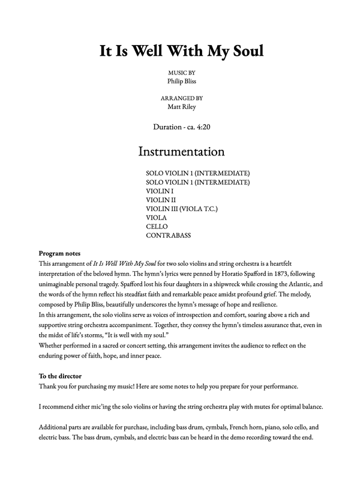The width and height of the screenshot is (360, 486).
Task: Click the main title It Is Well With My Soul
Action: (181, 51)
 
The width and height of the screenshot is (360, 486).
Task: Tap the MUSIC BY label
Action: (181, 73)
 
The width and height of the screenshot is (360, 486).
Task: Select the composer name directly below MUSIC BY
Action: (181, 81)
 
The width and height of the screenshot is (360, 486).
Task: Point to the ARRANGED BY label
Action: (181, 98)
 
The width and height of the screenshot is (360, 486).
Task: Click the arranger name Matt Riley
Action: (181, 107)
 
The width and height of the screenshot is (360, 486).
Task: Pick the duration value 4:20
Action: (199, 127)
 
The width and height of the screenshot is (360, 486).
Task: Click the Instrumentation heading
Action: (181, 151)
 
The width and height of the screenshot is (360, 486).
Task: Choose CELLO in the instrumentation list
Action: (157, 227)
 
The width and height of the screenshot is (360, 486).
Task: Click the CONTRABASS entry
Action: (168, 236)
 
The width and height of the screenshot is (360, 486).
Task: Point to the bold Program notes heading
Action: (59, 253)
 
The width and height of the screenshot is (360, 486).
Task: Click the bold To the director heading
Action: (60, 376)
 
